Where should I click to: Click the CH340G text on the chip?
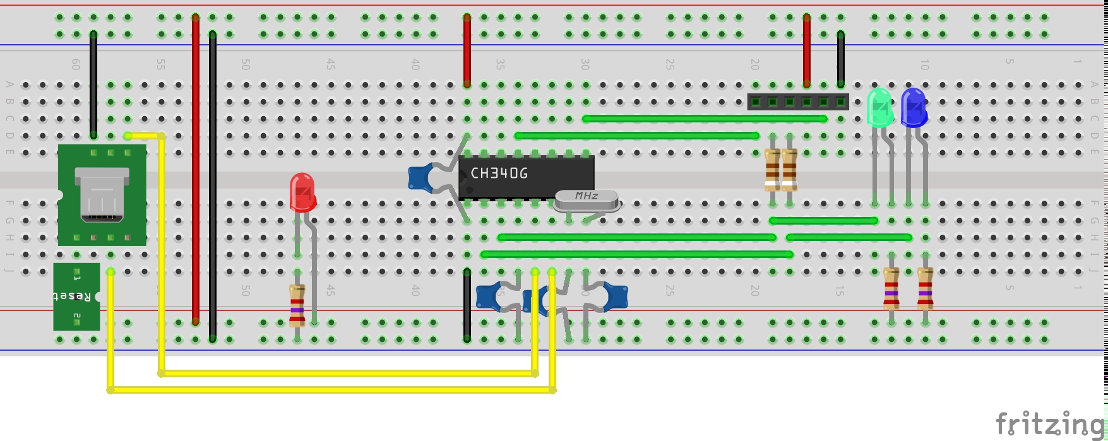(499, 173)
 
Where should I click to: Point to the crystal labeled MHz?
(587, 200)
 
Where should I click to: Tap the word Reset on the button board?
(75, 295)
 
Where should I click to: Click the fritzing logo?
(1049, 424)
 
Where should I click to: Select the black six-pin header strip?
(798, 102)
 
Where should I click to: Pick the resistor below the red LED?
(297, 305)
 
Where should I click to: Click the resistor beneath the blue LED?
(925, 288)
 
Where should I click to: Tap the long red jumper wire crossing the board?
(196, 170)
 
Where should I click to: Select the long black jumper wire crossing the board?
(213, 187)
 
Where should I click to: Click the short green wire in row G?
(823, 221)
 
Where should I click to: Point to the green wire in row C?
(705, 119)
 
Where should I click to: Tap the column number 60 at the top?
(76, 64)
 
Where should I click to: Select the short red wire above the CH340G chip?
(467, 50)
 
